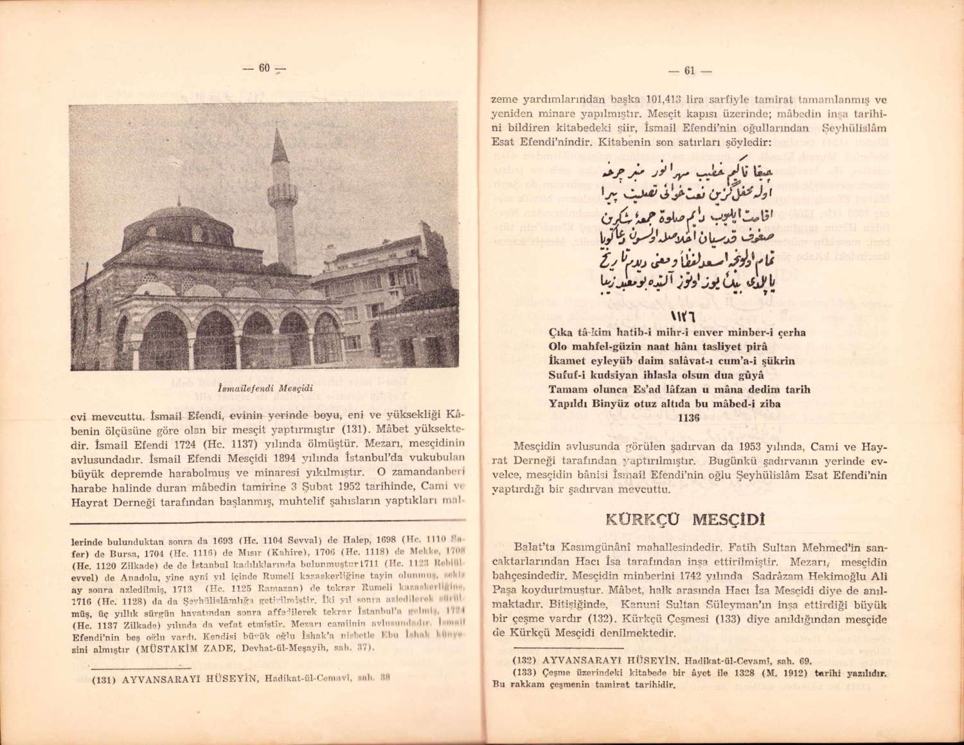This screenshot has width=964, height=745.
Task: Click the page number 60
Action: coord(264,68)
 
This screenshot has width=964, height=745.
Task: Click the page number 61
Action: coord(690,71)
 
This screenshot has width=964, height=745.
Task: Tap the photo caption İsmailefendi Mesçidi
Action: coord(265,388)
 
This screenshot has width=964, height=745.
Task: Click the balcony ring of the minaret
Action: coord(282,192)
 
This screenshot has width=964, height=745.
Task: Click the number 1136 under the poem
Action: coord(688,417)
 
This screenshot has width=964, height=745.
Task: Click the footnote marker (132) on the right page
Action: coord(524,660)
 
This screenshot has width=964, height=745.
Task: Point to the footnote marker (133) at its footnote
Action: coord(524,672)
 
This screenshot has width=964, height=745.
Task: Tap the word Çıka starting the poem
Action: coord(562,333)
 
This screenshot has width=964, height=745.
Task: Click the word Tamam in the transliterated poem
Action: coord(568,390)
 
